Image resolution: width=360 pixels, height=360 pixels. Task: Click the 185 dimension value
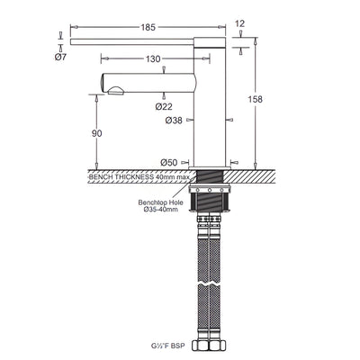pos(148,27)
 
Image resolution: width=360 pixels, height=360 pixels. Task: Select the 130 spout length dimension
pos(153,58)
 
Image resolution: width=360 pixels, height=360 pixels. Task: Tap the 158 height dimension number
pos(255,99)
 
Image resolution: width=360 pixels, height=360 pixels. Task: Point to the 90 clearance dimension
pos(96,133)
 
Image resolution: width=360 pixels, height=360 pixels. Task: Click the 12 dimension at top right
pos(240,23)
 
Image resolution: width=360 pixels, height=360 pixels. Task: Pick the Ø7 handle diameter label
pos(60,57)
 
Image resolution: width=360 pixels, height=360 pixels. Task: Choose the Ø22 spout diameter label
pos(164,106)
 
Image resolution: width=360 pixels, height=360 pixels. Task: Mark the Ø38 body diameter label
pos(174,121)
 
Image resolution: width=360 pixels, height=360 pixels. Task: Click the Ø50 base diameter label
pos(169,163)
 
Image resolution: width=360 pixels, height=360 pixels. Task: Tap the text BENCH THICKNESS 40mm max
pos(139,176)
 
